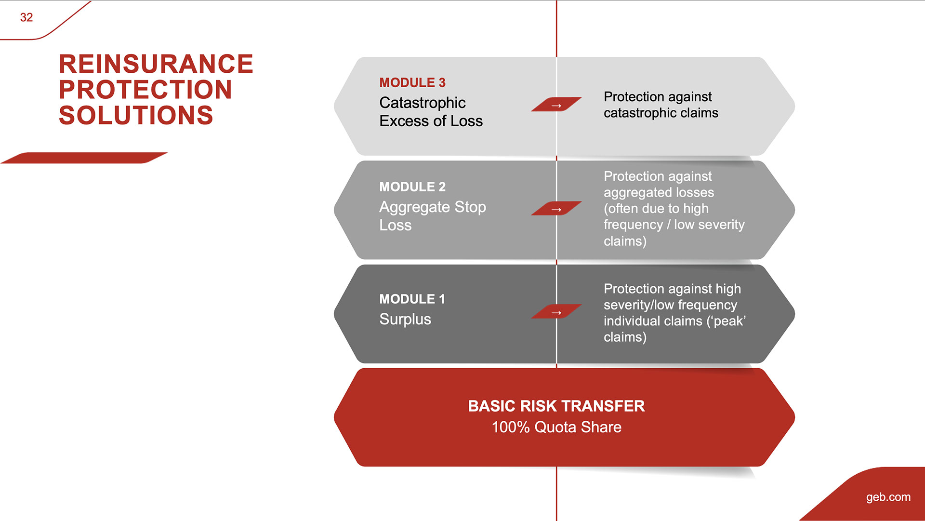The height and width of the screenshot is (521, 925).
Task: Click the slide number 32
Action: pyautogui.click(x=26, y=17)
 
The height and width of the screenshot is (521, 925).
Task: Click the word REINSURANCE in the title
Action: pyautogui.click(x=156, y=64)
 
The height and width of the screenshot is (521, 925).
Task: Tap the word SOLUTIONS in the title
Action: pyautogui.click(x=136, y=115)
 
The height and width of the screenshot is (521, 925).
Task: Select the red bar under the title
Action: pyautogui.click(x=84, y=158)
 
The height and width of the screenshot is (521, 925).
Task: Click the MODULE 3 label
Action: pyautogui.click(x=412, y=82)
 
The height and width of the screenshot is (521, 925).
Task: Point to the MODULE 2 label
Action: pyautogui.click(x=412, y=187)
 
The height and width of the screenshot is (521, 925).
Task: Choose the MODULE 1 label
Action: pyautogui.click(x=412, y=299)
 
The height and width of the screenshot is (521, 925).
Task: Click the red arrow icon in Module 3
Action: pyautogui.click(x=556, y=104)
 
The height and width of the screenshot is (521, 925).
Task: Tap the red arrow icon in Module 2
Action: pyautogui.click(x=556, y=208)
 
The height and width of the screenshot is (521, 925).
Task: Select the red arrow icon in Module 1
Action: pyautogui.click(x=556, y=312)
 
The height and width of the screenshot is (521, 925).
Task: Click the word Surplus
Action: pyautogui.click(x=405, y=320)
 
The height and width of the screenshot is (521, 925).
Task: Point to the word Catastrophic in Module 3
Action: pyautogui.click(x=423, y=103)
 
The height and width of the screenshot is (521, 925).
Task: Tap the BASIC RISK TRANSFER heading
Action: pyautogui.click(x=556, y=406)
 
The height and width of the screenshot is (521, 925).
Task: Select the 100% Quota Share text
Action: pyautogui.click(x=556, y=427)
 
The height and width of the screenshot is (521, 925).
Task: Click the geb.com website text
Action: pyautogui.click(x=888, y=497)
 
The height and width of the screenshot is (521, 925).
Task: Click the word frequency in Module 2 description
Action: pyautogui.click(x=633, y=225)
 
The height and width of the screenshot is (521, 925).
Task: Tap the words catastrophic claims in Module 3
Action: pyautogui.click(x=661, y=113)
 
